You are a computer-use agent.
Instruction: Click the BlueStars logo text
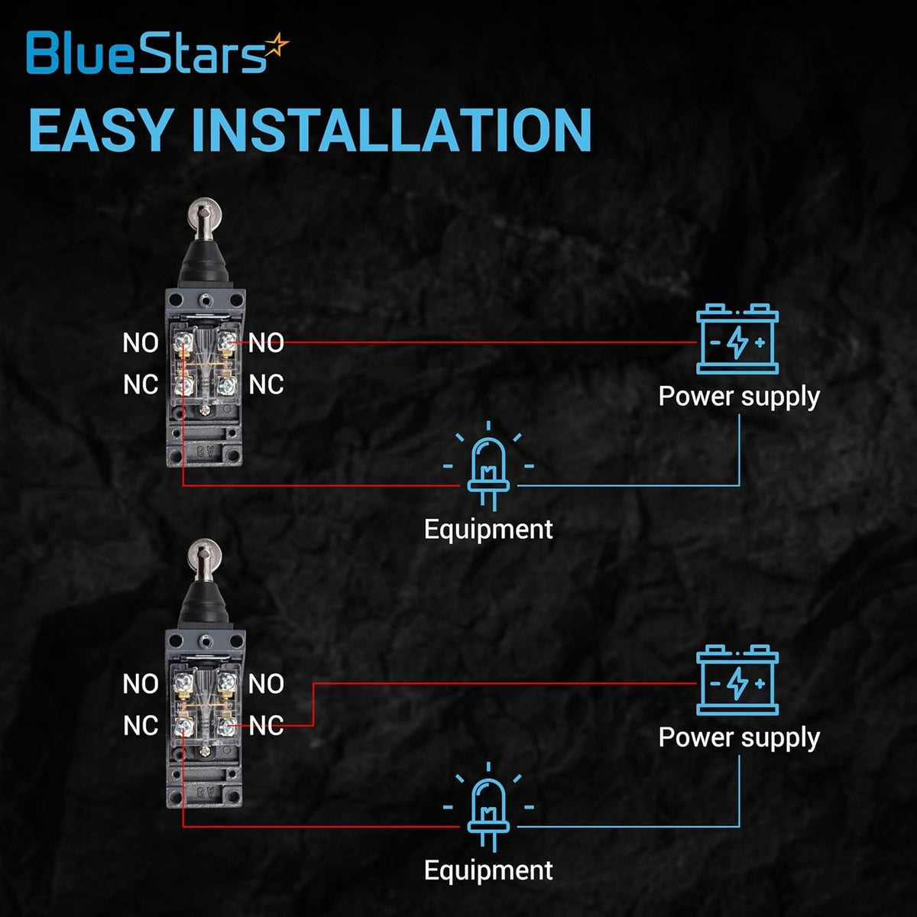(x=145, y=53)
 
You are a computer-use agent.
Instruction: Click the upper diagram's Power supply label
(x=739, y=397)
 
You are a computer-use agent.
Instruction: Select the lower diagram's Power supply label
(x=739, y=737)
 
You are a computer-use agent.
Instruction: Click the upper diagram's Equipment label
(x=488, y=529)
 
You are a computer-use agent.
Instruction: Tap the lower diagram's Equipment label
(x=488, y=870)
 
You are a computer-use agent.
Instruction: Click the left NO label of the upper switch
(x=141, y=343)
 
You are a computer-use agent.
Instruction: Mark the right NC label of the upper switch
(x=266, y=384)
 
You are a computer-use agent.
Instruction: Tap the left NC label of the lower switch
(x=141, y=725)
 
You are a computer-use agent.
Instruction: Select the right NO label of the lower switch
(x=266, y=684)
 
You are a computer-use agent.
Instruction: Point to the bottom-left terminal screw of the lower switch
(x=183, y=724)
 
